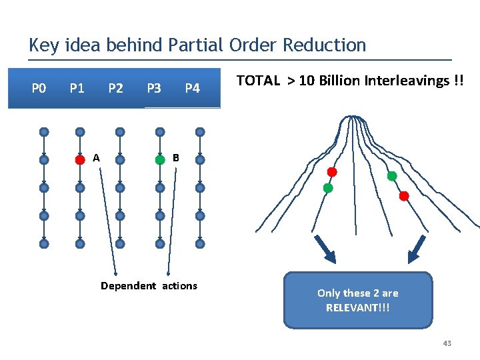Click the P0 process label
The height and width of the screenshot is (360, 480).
click(39, 88)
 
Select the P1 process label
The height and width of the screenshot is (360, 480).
click(77, 88)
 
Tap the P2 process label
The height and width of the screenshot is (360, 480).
click(116, 88)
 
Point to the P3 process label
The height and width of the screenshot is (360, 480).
click(153, 88)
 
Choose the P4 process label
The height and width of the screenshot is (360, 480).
click(192, 88)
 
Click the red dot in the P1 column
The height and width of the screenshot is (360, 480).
click(80, 159)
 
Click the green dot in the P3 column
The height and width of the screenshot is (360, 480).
click(160, 159)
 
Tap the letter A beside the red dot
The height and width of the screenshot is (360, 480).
click(97, 158)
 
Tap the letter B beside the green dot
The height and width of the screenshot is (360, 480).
click(175, 158)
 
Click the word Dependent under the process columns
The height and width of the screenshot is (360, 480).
click(128, 286)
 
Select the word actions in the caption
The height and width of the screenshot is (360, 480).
click(179, 286)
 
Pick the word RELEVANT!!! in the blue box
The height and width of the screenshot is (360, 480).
click(357, 307)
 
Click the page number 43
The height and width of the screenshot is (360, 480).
click(447, 343)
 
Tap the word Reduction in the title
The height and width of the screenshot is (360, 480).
click(325, 45)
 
